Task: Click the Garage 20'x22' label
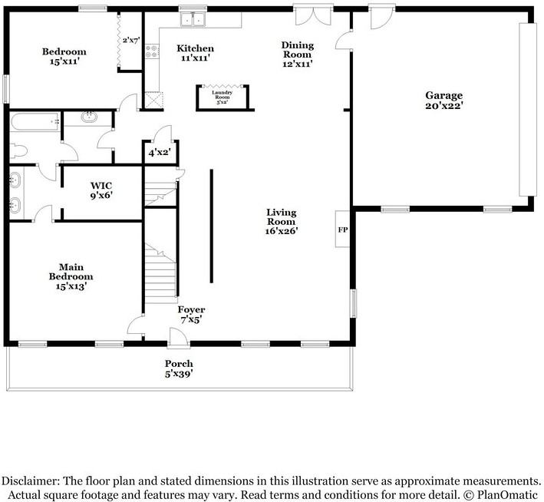click(x=444, y=101)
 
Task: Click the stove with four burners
click(x=151, y=52)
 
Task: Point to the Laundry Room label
click(x=223, y=95)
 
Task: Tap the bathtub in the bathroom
click(x=35, y=121)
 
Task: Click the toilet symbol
click(x=21, y=150)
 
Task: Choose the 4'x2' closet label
click(x=160, y=153)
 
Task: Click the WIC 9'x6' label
click(x=102, y=190)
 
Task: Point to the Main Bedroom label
click(x=71, y=277)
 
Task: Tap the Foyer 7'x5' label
click(x=192, y=315)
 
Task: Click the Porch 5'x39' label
click(x=179, y=368)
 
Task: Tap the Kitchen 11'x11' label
click(x=196, y=53)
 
